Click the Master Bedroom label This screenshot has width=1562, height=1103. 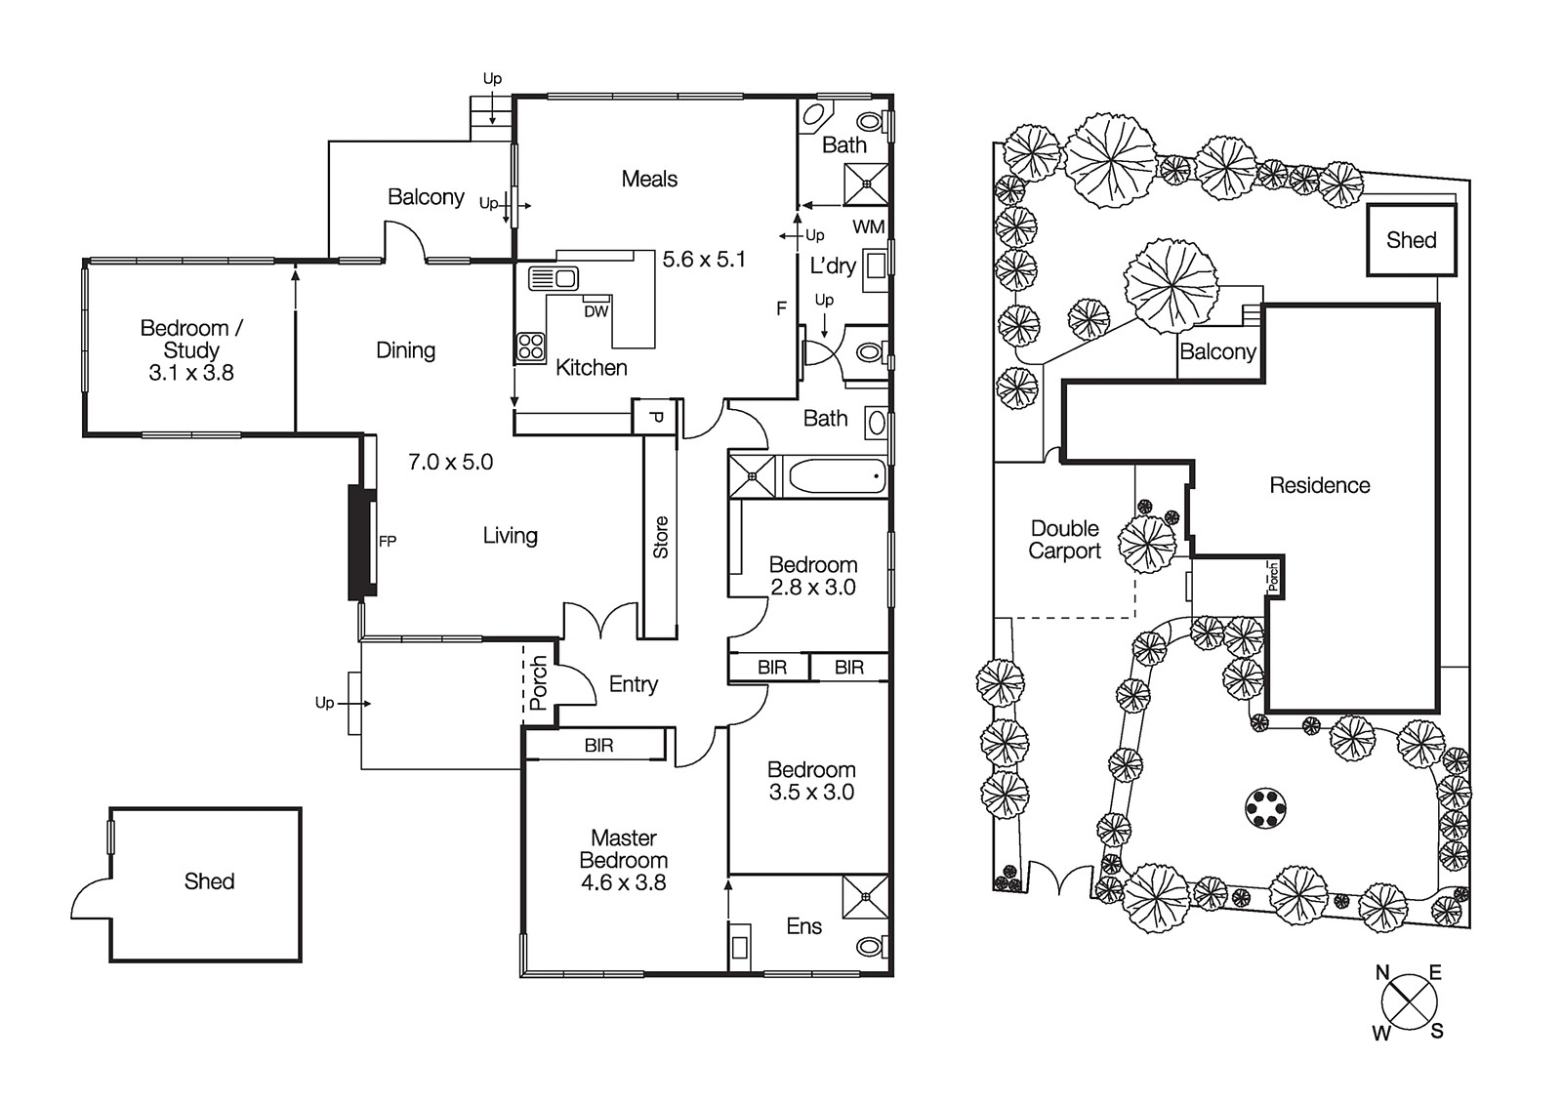tap(623, 860)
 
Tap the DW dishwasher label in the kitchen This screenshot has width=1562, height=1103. tap(596, 311)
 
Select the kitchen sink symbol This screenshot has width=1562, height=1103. tap(554, 278)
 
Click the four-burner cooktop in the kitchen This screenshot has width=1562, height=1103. tap(531, 347)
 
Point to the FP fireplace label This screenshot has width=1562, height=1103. tap(388, 542)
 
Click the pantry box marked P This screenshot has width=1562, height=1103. tap(656, 418)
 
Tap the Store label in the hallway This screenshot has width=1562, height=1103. tap(661, 537)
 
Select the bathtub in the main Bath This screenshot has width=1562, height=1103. tap(835, 477)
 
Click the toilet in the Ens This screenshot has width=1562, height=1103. tap(871, 947)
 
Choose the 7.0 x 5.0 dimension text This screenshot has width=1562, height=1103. tap(450, 462)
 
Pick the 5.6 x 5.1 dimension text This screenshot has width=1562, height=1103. tap(704, 260)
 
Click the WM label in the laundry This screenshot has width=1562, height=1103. tap(868, 227)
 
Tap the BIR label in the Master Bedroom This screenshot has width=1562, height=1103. tap(598, 746)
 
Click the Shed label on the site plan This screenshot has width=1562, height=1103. tap(1411, 240)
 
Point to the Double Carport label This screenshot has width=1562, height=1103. tap(1064, 540)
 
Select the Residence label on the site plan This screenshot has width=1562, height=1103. tap(1319, 485)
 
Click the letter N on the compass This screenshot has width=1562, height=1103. tap(1382, 972)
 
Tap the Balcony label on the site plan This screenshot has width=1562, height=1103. tap(1217, 351)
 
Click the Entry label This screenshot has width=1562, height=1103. tap(633, 684)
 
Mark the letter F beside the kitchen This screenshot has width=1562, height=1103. tap(781, 308)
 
